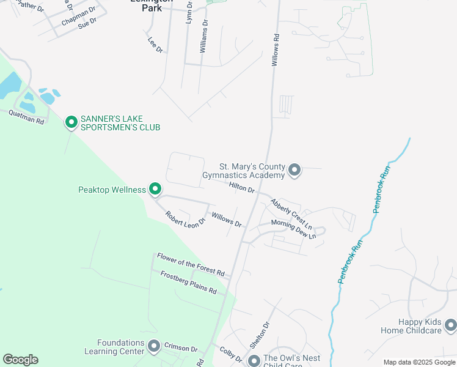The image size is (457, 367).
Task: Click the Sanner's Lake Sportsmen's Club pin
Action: coord(71,123)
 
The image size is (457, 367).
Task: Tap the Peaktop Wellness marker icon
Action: coord(155,190)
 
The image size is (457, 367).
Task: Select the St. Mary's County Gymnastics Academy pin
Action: coord(294,169)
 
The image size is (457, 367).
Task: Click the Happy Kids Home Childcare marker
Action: coord(450,325)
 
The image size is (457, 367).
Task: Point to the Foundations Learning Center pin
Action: coord(153,347)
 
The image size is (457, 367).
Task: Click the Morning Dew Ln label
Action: coord(293,229)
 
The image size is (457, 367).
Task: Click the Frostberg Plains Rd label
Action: coord(188,282)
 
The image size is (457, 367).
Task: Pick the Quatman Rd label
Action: coord(26,117)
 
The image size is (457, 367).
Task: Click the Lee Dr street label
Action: coord(155,45)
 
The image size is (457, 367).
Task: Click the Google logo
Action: coord(20,359)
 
